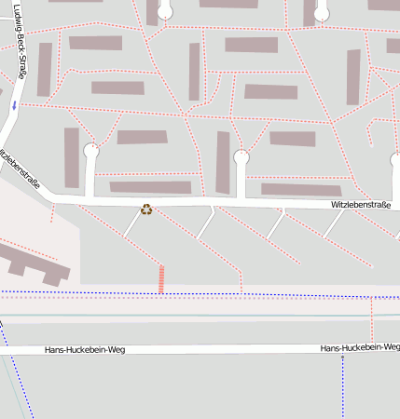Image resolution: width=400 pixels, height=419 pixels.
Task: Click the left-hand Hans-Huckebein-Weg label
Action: coord(84,351)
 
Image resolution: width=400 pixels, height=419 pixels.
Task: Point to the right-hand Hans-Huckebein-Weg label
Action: coord(358,347)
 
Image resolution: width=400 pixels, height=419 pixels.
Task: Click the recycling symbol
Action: coord(146,209)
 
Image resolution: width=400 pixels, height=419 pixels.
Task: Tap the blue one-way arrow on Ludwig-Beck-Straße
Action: coord(14,106)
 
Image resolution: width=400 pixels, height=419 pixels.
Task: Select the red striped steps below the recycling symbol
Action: coord(161,279)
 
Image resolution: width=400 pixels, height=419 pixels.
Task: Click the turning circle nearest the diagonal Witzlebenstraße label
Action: coord(91,150)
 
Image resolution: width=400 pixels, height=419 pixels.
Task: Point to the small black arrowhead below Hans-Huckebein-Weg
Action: coord(343,358)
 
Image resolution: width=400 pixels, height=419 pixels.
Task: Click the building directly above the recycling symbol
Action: coord(150,187)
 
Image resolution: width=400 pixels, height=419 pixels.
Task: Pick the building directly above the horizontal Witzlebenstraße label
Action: coord(301,190)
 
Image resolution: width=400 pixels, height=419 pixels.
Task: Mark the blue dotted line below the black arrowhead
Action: coord(343,391)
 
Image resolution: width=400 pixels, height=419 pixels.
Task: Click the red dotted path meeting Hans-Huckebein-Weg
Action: coord(371,321)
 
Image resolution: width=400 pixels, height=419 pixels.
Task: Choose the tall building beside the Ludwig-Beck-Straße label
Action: coord(44,69)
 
